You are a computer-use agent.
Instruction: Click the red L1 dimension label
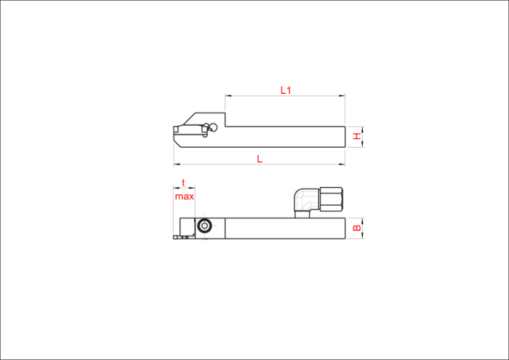pos(286,90)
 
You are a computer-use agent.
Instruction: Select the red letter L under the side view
pos(260,159)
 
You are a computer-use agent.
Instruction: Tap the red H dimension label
pos(357,136)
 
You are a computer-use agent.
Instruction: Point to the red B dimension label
pos(357,228)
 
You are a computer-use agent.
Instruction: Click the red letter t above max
pos(183,183)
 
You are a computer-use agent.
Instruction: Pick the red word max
pos(185,196)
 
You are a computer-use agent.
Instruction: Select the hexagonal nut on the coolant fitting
pos(331,199)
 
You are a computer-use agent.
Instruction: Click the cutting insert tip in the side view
pos(176,130)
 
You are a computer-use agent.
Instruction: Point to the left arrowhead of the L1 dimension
pos(228,96)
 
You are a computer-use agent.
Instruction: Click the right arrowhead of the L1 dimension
pos(342,96)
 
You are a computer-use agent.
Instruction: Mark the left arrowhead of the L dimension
pos(177,164)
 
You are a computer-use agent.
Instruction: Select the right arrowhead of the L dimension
pos(342,164)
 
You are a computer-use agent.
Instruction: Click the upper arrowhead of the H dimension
pos(363,130)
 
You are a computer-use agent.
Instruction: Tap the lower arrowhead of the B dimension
pos(363,236)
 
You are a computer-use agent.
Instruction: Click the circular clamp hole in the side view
pos(213,127)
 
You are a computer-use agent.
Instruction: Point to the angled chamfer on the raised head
pos(189,119)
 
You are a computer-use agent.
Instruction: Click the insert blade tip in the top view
pos(176,237)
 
